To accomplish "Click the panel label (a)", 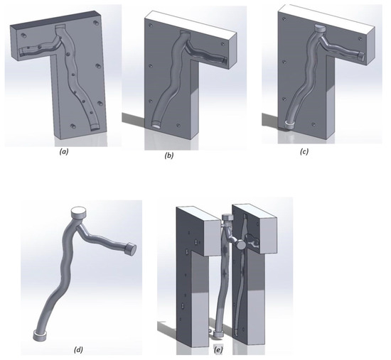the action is click(x=64, y=152).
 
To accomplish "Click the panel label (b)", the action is click(x=168, y=156).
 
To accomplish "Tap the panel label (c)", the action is click(x=304, y=151).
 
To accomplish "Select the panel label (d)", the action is click(x=78, y=349).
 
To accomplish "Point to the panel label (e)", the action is click(x=218, y=350).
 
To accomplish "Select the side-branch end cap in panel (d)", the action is click(x=129, y=249).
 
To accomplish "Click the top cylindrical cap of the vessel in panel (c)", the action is click(x=320, y=28).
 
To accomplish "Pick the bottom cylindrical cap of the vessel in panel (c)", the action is click(x=289, y=124).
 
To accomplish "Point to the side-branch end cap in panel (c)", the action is click(x=361, y=57).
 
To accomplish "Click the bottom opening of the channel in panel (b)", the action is click(x=157, y=124).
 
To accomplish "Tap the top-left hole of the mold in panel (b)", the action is click(x=151, y=25).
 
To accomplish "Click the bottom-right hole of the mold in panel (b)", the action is click(x=178, y=125).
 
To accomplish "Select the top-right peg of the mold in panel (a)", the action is click(x=95, y=23).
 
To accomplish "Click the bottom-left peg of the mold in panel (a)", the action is click(x=73, y=126).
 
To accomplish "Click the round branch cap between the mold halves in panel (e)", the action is click(x=240, y=245).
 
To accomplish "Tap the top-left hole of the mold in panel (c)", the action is click(x=284, y=18).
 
